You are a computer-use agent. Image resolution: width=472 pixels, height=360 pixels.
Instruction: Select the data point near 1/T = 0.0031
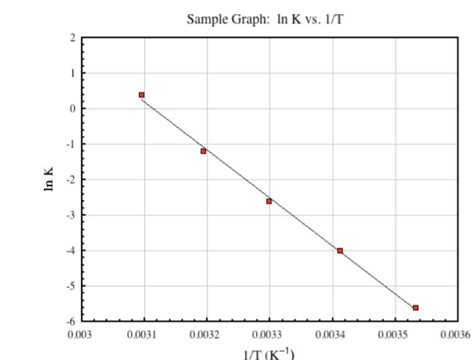(x=142, y=95)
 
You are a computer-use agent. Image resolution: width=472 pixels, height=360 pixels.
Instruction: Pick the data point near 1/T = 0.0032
(x=203, y=151)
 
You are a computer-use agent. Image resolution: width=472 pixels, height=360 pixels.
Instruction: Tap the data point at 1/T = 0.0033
(x=269, y=201)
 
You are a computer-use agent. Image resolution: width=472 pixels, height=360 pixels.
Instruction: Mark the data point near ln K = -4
(x=340, y=250)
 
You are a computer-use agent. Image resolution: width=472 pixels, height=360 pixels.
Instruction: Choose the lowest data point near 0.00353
(x=415, y=308)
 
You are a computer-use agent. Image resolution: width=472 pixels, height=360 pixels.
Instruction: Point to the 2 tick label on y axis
(x=73, y=38)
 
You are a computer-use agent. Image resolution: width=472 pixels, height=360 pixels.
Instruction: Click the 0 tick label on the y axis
(x=73, y=108)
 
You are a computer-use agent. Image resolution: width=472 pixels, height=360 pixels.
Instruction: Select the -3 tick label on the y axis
(x=71, y=215)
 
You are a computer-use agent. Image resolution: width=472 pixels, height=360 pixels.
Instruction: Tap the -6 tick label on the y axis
(x=71, y=321)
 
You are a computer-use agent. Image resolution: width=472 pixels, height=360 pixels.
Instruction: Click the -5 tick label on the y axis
(x=71, y=286)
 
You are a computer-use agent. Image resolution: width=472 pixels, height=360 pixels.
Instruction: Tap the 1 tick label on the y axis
(x=73, y=73)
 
